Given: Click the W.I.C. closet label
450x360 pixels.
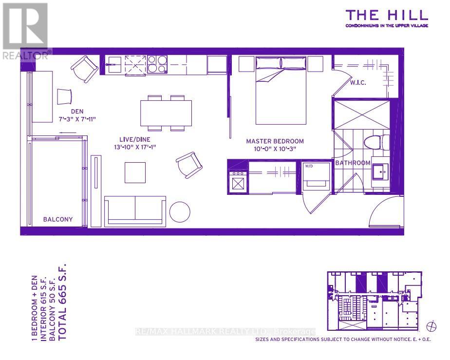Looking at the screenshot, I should pos(357,83).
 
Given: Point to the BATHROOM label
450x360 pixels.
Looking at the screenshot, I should pos(353,163).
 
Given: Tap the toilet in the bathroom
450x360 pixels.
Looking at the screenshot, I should pos(375,142).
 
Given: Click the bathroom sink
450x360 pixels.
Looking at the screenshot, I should pos(379,172).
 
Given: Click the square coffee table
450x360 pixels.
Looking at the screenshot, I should pos(135,172).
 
